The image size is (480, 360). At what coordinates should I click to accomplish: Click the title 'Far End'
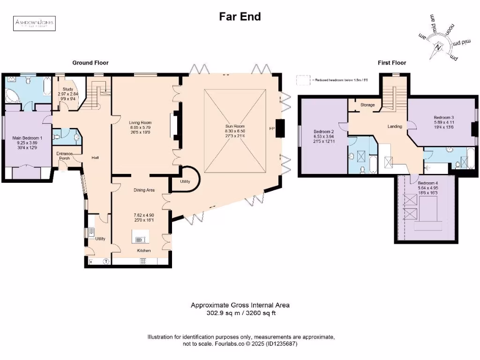[240, 17]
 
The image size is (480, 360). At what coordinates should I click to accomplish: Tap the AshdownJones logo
[34, 23]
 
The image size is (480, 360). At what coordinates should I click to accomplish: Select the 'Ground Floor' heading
[90, 62]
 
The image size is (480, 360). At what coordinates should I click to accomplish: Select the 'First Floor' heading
[392, 62]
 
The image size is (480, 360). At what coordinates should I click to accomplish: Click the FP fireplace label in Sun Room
[271, 128]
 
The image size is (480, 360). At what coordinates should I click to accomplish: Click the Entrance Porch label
[64, 156]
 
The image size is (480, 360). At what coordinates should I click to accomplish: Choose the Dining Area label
[144, 190]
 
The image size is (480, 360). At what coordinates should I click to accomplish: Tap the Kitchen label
[144, 251]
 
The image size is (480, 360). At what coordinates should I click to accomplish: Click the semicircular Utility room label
[185, 181]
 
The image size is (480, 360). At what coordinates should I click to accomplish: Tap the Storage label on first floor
[367, 105]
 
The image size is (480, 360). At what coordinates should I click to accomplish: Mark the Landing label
[395, 126]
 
